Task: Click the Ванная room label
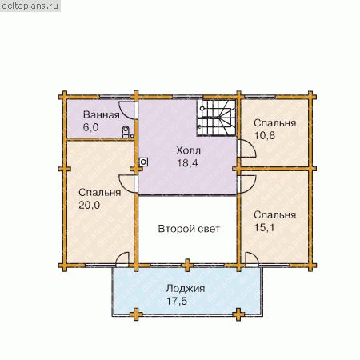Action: point(102,115)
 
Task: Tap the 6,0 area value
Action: point(90,127)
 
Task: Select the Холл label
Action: point(188,150)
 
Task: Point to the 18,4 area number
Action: point(188,163)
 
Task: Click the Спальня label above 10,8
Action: point(275,123)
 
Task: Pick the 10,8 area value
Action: point(265,136)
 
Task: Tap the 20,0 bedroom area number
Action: point(90,205)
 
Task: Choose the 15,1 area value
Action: point(265,228)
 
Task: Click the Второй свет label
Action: point(189,229)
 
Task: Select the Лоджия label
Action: point(186,289)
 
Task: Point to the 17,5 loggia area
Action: point(177,301)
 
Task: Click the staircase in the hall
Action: point(217,118)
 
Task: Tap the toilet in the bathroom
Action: point(126,131)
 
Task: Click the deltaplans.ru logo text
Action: point(30,6)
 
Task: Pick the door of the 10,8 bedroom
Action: point(249,148)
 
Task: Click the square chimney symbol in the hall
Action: point(143,162)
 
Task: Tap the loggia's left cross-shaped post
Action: point(136,314)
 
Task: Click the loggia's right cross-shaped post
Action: point(238,314)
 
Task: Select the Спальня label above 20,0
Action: point(100,193)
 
